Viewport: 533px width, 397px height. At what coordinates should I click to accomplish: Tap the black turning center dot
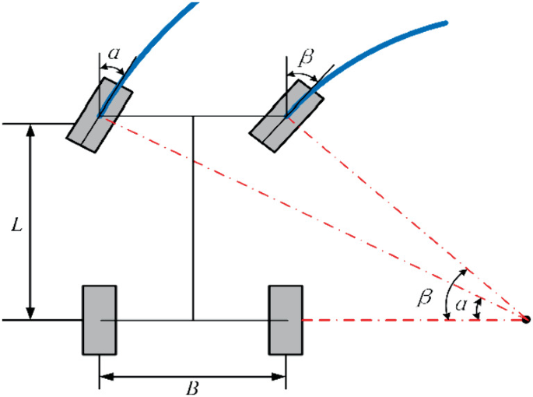(x=526, y=319)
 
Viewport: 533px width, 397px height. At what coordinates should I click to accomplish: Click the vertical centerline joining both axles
(x=193, y=218)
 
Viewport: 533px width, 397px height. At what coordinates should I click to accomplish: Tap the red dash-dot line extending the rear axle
(x=405, y=320)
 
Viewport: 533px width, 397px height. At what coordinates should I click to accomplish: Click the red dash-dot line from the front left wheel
(x=311, y=218)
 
